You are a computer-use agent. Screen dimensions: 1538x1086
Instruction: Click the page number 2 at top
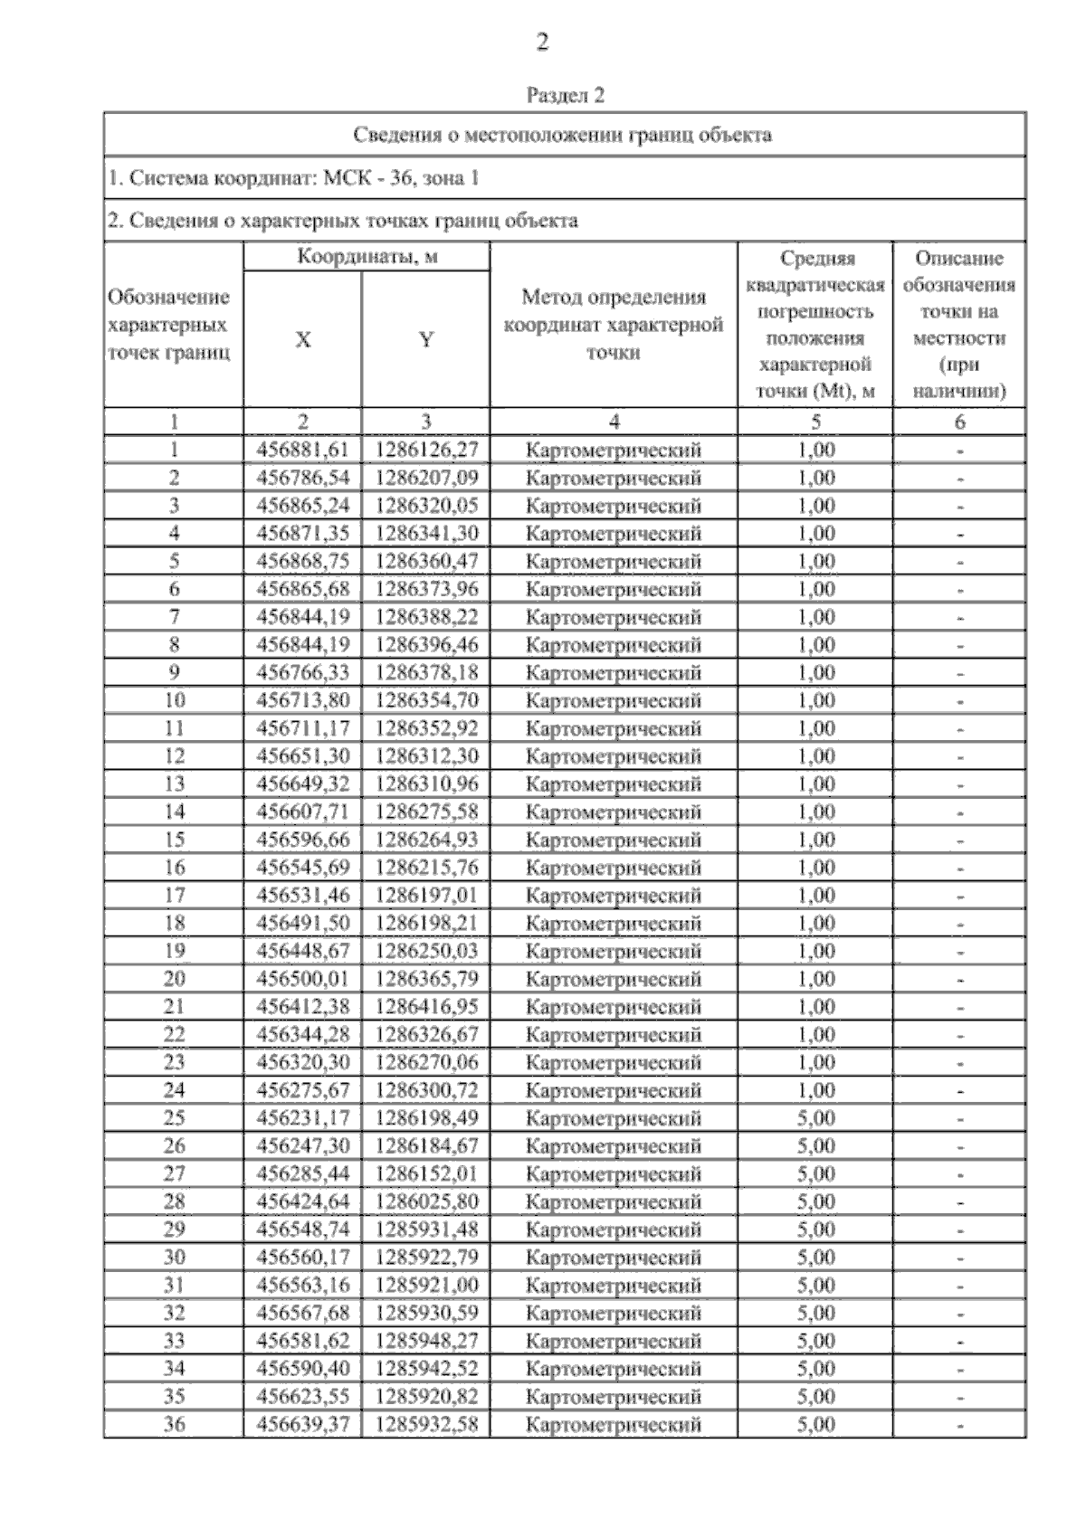pos(542,43)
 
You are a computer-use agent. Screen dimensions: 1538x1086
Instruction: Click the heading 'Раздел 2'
pos(566,95)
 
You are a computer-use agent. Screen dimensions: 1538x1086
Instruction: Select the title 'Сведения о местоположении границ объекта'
pos(562,136)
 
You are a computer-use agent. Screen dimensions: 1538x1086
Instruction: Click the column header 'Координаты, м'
pos(367,257)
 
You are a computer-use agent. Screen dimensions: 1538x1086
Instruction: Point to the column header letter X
pos(302,340)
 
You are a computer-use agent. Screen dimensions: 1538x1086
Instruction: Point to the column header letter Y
pos(425,340)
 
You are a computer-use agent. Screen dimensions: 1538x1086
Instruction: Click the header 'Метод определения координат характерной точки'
pos(613,325)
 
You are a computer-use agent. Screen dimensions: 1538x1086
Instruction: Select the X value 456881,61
pos(303,450)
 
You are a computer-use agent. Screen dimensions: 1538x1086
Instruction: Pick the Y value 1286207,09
pos(426,478)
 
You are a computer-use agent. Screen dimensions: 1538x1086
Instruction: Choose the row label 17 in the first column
pos(174,896)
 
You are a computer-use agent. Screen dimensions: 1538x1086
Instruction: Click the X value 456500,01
pos(303,979)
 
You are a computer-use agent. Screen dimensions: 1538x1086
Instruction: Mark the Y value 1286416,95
pos(426,1007)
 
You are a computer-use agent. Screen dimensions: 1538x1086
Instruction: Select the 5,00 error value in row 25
pos(815,1118)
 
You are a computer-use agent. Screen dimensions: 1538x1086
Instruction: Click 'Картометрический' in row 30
pos(614,1258)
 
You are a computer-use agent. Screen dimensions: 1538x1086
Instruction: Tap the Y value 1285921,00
pos(426,1286)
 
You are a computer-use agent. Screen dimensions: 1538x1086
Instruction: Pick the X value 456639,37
pos(303,1425)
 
